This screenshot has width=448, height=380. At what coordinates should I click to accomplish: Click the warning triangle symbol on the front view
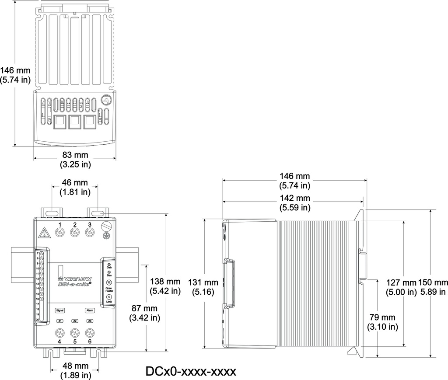coord(45,232)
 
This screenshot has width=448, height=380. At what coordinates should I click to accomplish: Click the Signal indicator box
coord(60,310)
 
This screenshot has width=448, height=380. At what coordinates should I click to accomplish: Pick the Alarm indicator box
coord(90,310)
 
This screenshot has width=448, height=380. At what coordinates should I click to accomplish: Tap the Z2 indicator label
coord(75,321)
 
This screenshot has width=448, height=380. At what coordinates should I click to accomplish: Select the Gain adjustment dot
coord(108,265)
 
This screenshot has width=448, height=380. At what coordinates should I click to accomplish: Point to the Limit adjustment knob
coord(108,297)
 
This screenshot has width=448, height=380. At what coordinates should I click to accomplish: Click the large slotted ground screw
coord(106,227)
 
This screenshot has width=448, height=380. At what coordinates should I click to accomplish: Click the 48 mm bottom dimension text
coord(75,370)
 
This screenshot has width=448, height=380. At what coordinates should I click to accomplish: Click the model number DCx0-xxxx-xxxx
coord(191,371)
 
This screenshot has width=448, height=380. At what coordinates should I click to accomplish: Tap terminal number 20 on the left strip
coord(38,320)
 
